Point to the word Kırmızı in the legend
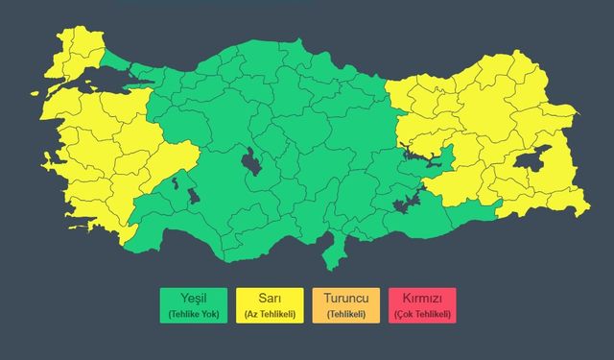click(x=422, y=298)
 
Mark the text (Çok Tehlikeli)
click(x=422, y=314)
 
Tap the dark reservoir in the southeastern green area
click(x=408, y=202)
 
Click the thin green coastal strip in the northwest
click(x=120, y=60)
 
